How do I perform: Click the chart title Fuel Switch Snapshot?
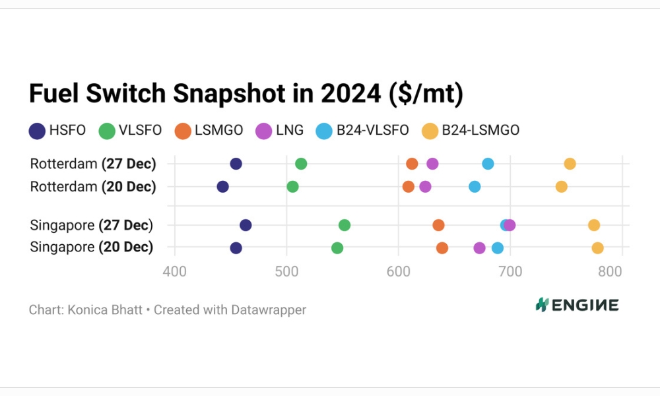[246, 94]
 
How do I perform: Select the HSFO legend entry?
[57, 131]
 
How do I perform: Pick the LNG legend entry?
[279, 131]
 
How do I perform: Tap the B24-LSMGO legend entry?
[471, 131]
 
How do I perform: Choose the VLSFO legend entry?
[130, 131]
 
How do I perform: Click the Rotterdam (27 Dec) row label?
[93, 164]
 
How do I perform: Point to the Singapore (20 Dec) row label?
[92, 247]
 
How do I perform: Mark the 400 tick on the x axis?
[174, 271]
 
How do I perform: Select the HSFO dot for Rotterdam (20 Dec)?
[222, 187]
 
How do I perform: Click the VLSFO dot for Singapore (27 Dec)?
[345, 225]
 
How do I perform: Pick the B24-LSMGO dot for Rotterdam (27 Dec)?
[570, 164]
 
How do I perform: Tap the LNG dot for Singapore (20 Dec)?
[479, 248]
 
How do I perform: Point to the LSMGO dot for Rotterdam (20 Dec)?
[409, 187]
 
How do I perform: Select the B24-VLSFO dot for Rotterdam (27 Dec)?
[488, 164]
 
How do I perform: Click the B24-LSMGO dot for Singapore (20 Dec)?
[597, 248]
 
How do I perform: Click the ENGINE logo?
[577, 304]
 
